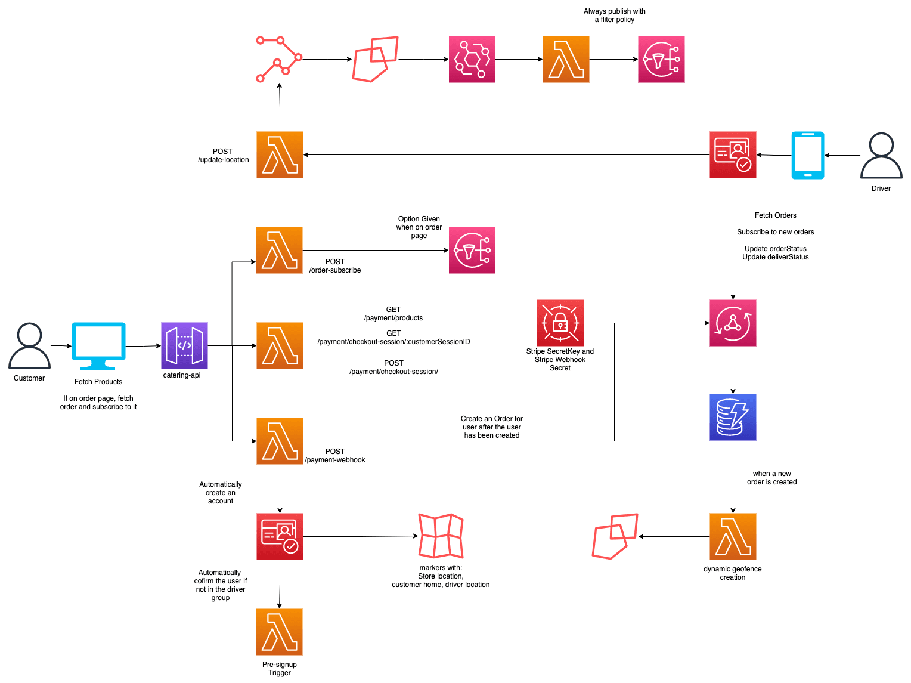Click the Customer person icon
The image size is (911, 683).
[29, 345]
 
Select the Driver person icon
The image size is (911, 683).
[881, 156]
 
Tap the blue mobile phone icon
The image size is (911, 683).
[807, 155]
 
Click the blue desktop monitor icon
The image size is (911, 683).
[98, 345]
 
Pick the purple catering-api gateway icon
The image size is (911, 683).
[184, 345]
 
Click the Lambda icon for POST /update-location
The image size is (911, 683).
[280, 154]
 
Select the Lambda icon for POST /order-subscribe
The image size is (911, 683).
[280, 250]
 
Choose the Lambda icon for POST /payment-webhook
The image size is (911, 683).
[280, 441]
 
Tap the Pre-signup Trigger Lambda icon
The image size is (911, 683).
[280, 632]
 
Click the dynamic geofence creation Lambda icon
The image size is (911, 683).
[733, 536]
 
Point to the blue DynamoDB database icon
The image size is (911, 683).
[733, 417]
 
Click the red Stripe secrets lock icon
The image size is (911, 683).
[560, 323]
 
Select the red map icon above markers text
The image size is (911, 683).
[441, 536]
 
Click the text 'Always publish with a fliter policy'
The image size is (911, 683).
[614, 16]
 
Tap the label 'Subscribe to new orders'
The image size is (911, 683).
[775, 232]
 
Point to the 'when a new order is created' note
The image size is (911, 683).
[771, 478]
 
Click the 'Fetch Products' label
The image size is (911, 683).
[98, 382]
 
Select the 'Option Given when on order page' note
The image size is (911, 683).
[419, 227]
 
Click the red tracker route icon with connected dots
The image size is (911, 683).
[279, 59]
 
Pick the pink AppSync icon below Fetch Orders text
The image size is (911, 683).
[733, 323]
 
